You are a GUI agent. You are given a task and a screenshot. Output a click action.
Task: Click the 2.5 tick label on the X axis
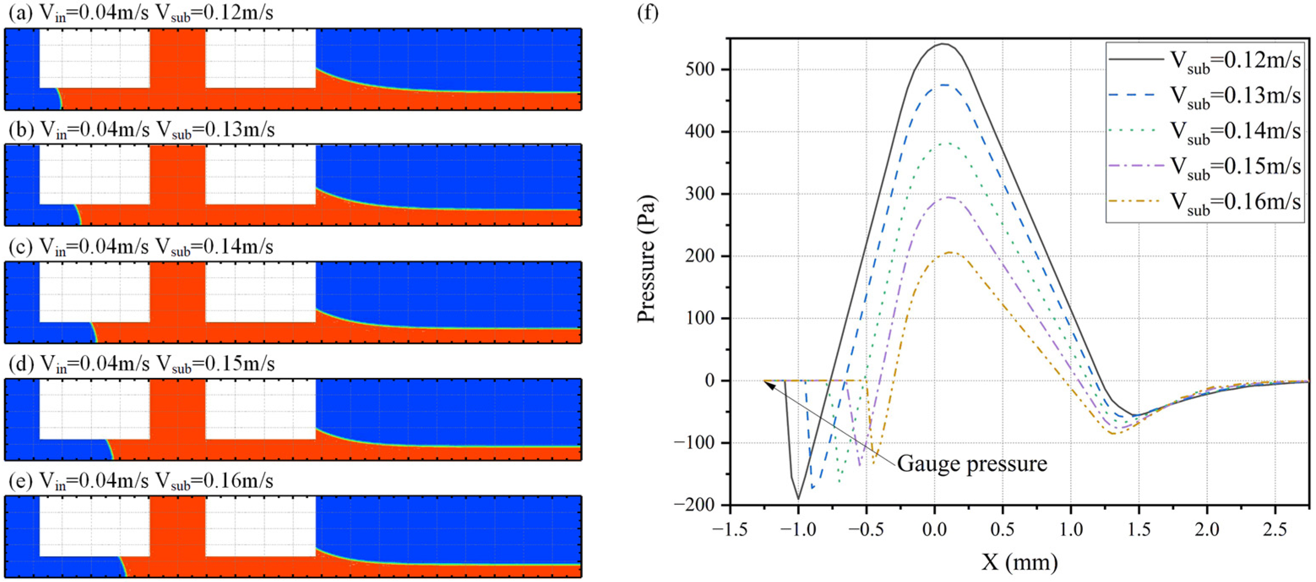click(x=1275, y=529)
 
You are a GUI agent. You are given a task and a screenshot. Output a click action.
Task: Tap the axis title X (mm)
click(x=1019, y=562)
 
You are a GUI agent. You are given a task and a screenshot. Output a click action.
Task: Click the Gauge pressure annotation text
click(x=972, y=463)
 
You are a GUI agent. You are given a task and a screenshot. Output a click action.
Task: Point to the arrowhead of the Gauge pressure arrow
click(x=766, y=382)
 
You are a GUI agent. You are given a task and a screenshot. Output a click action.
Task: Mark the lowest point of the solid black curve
click(x=798, y=499)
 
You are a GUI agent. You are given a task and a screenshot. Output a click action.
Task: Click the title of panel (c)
click(x=141, y=247)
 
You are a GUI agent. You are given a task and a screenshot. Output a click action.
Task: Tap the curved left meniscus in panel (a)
click(x=59, y=98)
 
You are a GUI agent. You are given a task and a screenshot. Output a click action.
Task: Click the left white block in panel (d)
click(x=95, y=409)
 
